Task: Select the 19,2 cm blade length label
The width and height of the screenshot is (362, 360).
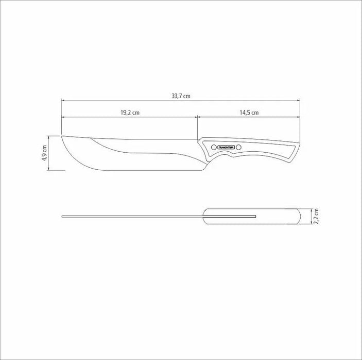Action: tap(130, 112)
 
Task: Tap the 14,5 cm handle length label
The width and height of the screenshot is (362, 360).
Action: tap(249, 112)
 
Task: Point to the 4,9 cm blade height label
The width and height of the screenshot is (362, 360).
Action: tap(45, 153)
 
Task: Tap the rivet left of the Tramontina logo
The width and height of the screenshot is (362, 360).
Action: tap(212, 147)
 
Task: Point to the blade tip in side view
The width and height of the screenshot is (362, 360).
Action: tap(62, 137)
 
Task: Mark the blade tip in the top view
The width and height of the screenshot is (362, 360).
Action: tap(62, 217)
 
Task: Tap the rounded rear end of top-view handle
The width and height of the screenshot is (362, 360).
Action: tap(301, 217)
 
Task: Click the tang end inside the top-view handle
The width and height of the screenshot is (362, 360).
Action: tap(255, 217)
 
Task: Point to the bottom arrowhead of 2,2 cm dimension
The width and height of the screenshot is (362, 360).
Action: tap(312, 225)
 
